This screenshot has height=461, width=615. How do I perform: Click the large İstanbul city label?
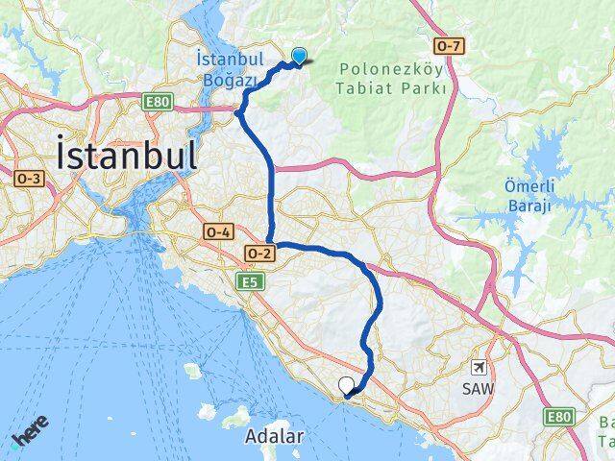pos(128,156)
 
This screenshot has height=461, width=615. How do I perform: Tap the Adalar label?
pos(275,436)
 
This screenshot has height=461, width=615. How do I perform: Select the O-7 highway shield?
pos(449,46)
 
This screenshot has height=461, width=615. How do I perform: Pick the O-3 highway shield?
pos(29,178)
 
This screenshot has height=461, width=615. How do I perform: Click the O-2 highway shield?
pos(259,253)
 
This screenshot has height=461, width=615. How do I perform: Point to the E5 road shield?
pos(250,281)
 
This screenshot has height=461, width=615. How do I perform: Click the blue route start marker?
pos(301,57)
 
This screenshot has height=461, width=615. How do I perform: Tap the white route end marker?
pos(346,386)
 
